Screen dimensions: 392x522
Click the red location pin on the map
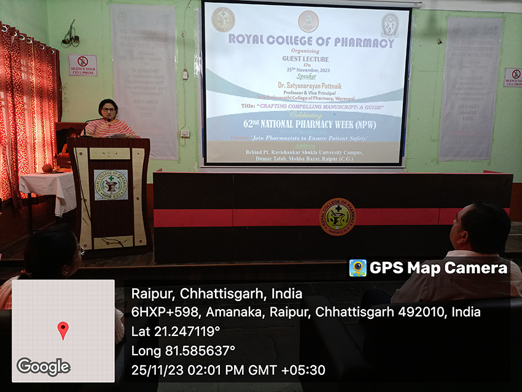[x=63, y=329]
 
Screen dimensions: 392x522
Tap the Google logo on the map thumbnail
[x=43, y=367]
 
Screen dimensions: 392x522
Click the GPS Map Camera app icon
[x=357, y=268]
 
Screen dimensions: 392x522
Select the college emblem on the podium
[x=111, y=184]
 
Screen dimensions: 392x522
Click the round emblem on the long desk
[x=337, y=216]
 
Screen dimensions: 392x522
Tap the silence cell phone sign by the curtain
[x=83, y=65]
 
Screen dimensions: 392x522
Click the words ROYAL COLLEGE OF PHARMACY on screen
[x=311, y=42]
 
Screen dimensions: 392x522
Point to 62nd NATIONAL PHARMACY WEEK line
[x=307, y=123]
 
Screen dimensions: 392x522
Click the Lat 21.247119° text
[x=176, y=331]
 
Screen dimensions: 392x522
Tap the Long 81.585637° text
[x=183, y=350]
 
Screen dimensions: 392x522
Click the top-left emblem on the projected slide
[x=224, y=20]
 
